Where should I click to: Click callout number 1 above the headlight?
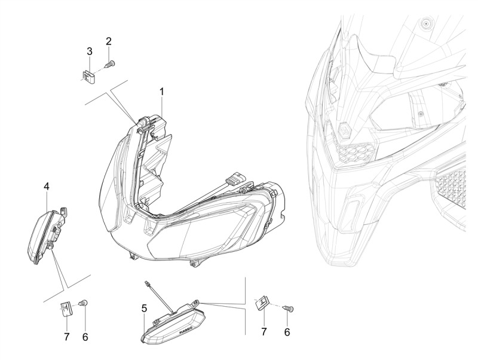tap(161, 91)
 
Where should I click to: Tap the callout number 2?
tap(109, 41)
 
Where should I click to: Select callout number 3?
tap(89, 51)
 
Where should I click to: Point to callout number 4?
tap(47, 186)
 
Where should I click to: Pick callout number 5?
tap(144, 309)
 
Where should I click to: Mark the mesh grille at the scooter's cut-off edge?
tap(451, 188)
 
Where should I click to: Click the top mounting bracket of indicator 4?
tap(64, 210)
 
